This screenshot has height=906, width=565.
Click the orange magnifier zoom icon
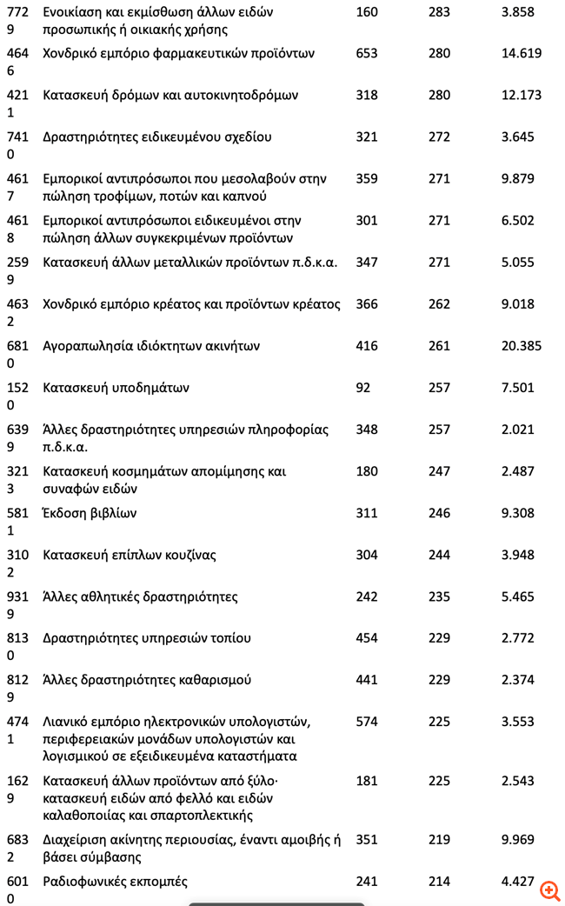coord(549,889)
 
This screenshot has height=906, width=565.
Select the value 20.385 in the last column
coord(522,346)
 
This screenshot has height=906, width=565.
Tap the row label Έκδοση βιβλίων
coord(90,513)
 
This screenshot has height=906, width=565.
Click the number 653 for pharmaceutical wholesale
coord(367,53)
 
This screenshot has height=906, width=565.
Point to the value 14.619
coord(522,53)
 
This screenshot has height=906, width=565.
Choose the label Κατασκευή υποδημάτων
coord(116,388)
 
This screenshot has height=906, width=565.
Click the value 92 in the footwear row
coord(363,388)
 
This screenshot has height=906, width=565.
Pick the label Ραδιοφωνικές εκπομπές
coord(115,882)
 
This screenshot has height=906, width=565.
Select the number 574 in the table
coord(367,722)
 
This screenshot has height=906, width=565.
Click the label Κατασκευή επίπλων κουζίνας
coord(130,555)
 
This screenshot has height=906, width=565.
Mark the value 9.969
coord(518,840)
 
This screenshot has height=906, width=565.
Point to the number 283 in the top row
coord(440,12)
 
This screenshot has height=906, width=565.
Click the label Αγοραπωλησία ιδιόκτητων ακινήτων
coord(151,346)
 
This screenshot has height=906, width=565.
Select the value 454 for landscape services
coord(367,638)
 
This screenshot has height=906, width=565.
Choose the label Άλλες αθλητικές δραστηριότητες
coord(140,596)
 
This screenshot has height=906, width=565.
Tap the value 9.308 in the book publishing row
coord(518,513)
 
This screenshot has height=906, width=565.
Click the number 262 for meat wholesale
coord(440,304)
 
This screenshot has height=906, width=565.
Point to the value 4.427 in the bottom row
coord(518,882)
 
